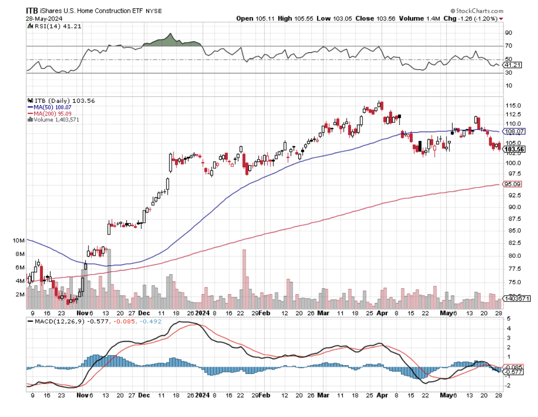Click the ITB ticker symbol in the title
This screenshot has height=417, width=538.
[x=33, y=10]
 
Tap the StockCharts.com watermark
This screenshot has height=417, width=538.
[x=477, y=10]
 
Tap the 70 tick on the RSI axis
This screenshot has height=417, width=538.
[x=508, y=46]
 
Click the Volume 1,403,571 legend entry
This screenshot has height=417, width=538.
[x=54, y=119]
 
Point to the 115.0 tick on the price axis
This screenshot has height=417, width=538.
[x=512, y=106]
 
